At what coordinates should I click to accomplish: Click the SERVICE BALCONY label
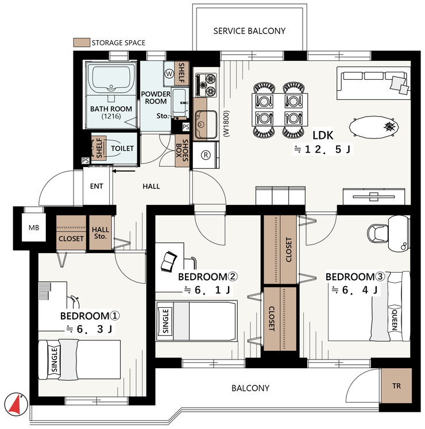[249, 31]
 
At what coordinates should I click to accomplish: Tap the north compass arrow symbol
[16, 404]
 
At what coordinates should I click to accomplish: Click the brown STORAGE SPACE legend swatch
[82, 42]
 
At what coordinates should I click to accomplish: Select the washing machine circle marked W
[169, 74]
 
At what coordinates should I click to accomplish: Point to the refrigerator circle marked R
[206, 155]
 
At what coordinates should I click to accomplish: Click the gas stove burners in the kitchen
[206, 84]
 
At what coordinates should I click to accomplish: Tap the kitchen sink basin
[206, 125]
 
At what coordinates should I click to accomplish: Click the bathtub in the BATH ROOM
[111, 79]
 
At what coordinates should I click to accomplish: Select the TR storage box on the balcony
[396, 386]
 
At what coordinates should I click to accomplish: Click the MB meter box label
[34, 227]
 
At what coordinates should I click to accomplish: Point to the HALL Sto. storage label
[101, 233]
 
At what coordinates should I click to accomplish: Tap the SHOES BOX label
[182, 150]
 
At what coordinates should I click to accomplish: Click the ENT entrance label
[96, 186]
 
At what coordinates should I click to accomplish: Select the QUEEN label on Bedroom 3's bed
[395, 320]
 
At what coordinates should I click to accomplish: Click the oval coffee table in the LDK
[373, 127]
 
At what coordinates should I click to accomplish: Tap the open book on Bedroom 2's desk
[168, 261]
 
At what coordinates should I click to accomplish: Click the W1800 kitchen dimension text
[226, 123]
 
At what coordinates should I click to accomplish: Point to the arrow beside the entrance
[124, 171]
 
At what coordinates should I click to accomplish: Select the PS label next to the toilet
[86, 161]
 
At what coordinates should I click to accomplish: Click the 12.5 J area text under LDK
[322, 149]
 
